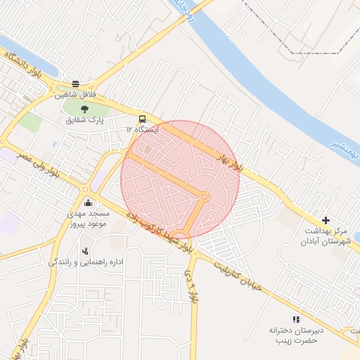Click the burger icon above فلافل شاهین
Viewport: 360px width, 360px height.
pyautogui.click(x=75, y=82)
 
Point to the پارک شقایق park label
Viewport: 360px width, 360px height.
pyautogui.click(x=85, y=120)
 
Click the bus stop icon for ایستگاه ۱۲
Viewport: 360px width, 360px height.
pyautogui.click(x=143, y=118)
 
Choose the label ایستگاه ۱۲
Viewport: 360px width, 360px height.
pyautogui.click(x=143, y=130)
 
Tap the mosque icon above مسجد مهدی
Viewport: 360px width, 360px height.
pyautogui.click(x=86, y=202)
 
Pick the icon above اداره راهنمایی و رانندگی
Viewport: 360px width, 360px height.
pyautogui.click(x=86, y=250)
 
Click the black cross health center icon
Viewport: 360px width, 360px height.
pyautogui.click(x=325, y=221)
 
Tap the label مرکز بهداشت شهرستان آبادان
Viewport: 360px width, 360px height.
pyautogui.click(x=327, y=236)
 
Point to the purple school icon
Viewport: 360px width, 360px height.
pyautogui.click(x=295, y=319)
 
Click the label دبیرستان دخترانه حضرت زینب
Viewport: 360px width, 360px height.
pyautogui.click(x=294, y=335)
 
